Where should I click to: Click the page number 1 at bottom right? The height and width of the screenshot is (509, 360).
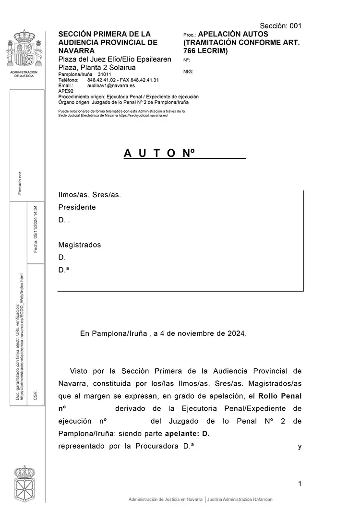point(300,484)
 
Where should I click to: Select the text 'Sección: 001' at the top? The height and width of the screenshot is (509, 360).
point(280,26)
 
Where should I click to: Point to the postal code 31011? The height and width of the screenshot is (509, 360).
point(104,75)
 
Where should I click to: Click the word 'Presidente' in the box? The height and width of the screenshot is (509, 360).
point(77,207)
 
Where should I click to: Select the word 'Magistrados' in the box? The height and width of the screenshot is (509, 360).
point(80,245)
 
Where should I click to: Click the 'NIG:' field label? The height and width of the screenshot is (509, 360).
point(188,71)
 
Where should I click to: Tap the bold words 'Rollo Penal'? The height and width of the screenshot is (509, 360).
point(280,396)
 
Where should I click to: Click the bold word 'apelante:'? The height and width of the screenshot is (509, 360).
point(180,434)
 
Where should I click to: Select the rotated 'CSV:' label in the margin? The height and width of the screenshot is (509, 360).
point(35,395)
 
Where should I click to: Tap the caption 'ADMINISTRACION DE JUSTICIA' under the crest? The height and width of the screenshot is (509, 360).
point(24,74)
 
